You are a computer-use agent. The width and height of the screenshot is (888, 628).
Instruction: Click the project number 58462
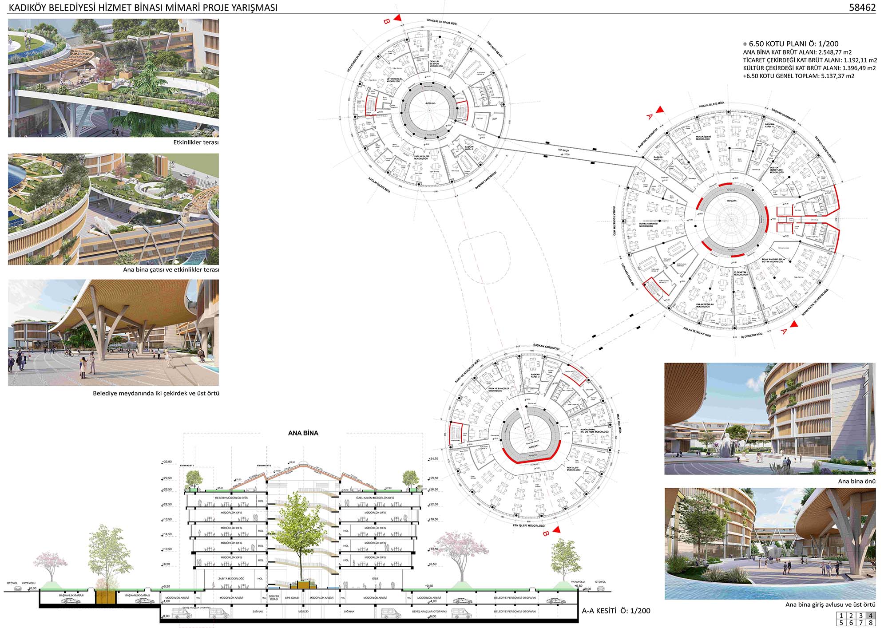tap(862, 7)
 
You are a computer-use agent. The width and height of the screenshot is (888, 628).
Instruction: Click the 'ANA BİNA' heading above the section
tap(303, 433)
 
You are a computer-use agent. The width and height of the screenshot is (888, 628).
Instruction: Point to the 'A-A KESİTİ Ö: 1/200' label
tap(616, 611)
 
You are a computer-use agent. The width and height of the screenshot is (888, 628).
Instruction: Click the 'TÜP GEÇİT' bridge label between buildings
tap(563, 151)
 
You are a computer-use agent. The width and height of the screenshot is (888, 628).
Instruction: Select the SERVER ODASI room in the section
tap(274, 597)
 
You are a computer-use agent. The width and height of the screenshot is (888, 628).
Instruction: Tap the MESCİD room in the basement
tap(303, 612)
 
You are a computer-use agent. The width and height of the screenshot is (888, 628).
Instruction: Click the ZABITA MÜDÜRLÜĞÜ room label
tap(231, 579)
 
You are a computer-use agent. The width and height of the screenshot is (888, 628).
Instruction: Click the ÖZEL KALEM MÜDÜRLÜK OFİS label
tap(375, 498)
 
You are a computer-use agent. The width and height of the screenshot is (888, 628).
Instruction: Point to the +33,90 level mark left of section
tap(167, 462)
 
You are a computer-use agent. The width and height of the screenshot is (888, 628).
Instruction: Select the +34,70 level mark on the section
tap(434, 459)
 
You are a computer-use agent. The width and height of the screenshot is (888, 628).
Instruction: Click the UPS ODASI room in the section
tap(292, 598)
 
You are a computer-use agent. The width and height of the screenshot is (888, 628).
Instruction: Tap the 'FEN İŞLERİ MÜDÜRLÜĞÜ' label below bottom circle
tap(528, 525)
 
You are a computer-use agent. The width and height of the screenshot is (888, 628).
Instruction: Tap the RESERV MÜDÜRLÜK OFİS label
tap(231, 498)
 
